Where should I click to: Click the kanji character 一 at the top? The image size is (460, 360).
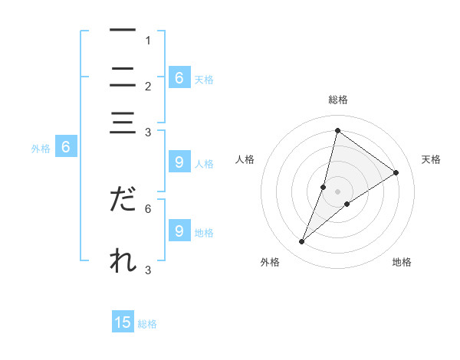tap(123, 30)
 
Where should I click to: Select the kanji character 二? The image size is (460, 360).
tap(123, 77)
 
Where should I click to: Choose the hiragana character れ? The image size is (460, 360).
tap(123, 260)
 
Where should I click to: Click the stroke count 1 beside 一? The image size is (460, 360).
tap(148, 40)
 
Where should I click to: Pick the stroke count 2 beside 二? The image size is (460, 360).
tap(148, 86)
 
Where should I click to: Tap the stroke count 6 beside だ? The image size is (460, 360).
tap(148, 208)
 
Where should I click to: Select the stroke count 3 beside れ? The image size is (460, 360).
tap(148, 270)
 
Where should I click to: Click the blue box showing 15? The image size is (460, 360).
tap(123, 323)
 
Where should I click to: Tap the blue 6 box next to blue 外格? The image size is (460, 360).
tap(66, 148)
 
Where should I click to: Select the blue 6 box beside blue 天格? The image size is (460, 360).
tap(179, 78)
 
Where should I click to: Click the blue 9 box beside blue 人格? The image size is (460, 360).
tap(179, 162)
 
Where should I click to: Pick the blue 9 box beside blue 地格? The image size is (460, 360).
tap(179, 231)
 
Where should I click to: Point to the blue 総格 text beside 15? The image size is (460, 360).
tap(147, 324)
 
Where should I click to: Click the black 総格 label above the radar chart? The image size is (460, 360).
tap(337, 100)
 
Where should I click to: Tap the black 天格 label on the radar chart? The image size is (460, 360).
tap(431, 159)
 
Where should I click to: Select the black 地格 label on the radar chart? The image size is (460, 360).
tap(402, 262)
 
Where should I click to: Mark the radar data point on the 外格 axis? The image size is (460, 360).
tap(302, 242)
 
